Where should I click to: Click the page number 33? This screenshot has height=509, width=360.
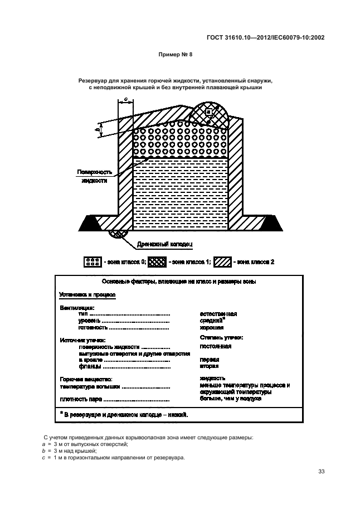pos(321,472)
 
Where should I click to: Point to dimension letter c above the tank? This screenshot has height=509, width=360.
pos(126,99)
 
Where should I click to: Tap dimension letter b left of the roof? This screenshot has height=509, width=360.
pos(98,130)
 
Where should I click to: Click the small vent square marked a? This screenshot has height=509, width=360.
pos(208,112)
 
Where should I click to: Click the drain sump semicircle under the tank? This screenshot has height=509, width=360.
pos(118,234)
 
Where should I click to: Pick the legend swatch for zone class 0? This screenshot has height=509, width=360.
pos(91,261)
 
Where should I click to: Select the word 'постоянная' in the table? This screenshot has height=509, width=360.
pos(216,346)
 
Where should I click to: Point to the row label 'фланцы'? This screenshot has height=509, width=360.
pos(90,366)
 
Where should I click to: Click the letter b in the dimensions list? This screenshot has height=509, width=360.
pos(44,450)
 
